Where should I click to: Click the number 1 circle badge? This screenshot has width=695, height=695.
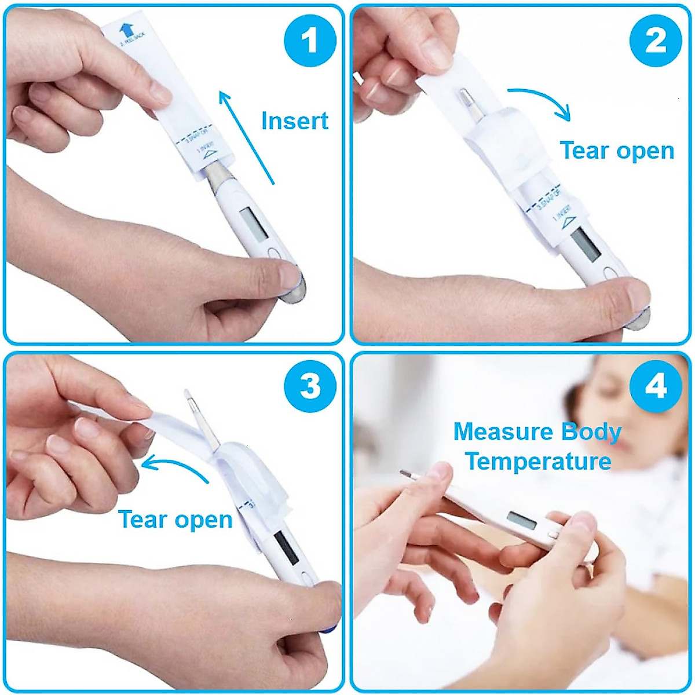click(310, 42)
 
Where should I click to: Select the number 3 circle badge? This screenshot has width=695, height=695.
click(310, 385)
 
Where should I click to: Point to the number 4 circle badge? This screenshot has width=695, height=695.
click(656, 385)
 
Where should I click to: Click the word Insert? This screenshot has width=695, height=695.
click(295, 121)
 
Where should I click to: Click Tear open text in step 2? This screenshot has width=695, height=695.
click(617, 151)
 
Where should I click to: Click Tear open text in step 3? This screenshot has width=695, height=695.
click(175, 520)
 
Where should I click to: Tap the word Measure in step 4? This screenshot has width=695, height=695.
click(500, 432)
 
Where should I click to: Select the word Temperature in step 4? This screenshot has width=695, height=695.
click(539, 462)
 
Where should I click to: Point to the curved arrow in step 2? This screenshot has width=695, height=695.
click(542, 102)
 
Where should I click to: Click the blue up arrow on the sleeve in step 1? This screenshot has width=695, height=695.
click(125, 30)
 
